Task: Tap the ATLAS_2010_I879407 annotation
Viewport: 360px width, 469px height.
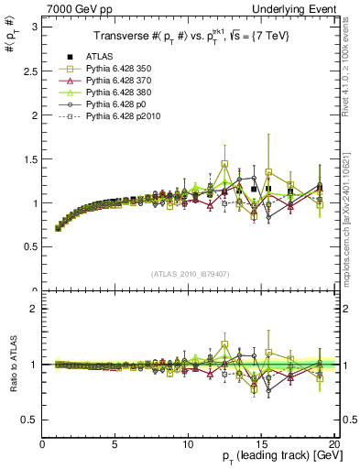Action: point(190,272)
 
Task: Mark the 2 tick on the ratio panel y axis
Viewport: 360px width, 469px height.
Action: point(34,309)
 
